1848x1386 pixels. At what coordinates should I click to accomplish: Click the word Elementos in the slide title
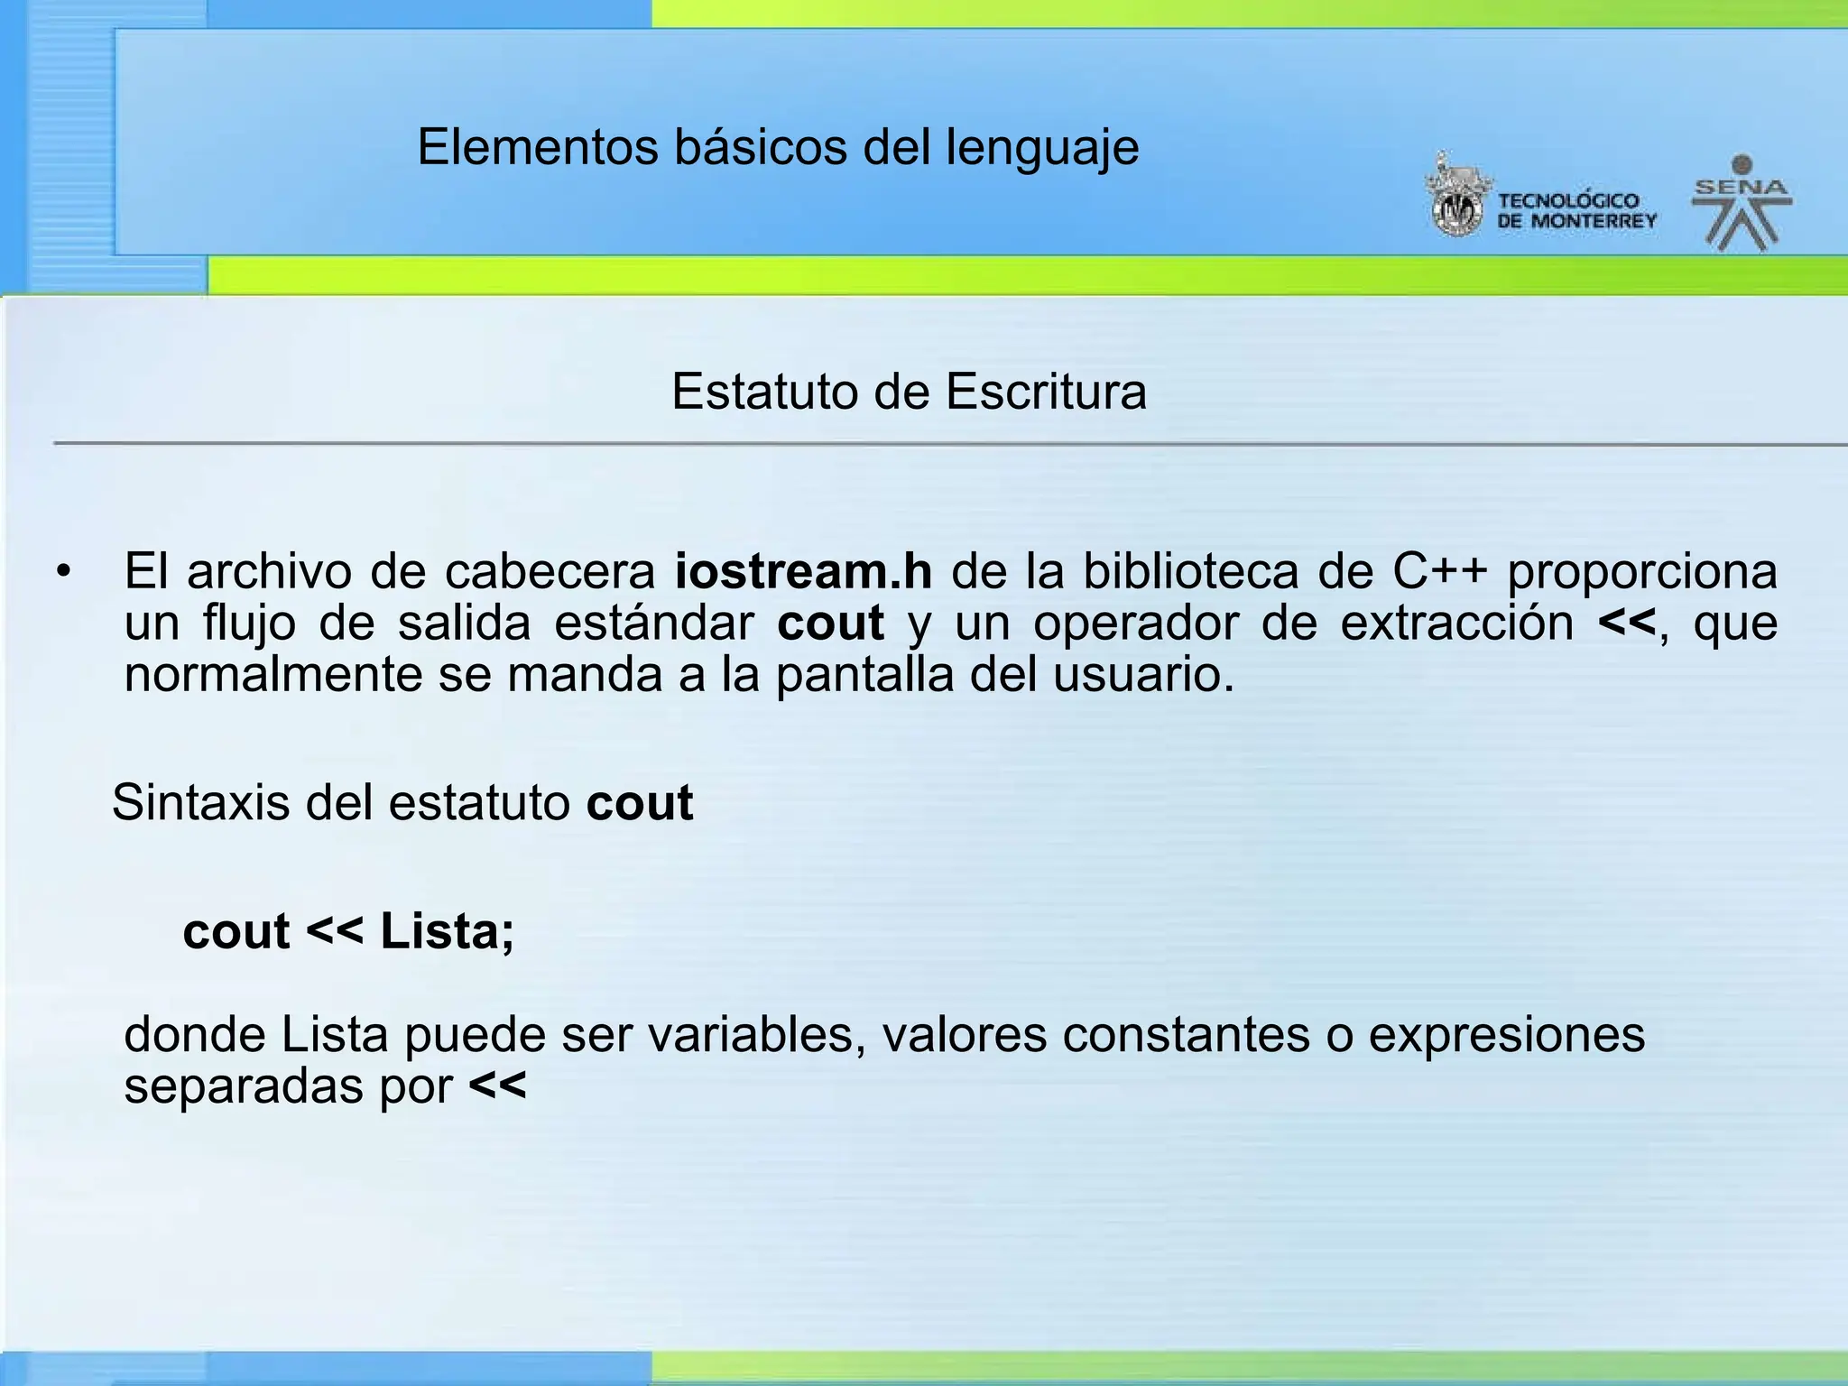pos(538,147)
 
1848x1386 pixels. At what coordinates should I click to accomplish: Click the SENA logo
pos(1742,204)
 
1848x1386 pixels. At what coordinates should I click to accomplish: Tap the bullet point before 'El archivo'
pos(62,572)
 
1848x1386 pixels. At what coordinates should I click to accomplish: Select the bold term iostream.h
pos(803,571)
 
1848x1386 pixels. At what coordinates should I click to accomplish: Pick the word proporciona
pos(1642,573)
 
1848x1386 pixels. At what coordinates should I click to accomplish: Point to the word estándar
pos(654,624)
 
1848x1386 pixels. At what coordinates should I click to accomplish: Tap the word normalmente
pos(273,675)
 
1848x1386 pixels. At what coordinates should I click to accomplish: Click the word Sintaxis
pos(201,802)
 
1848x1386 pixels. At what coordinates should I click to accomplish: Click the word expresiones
pos(1506,1036)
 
